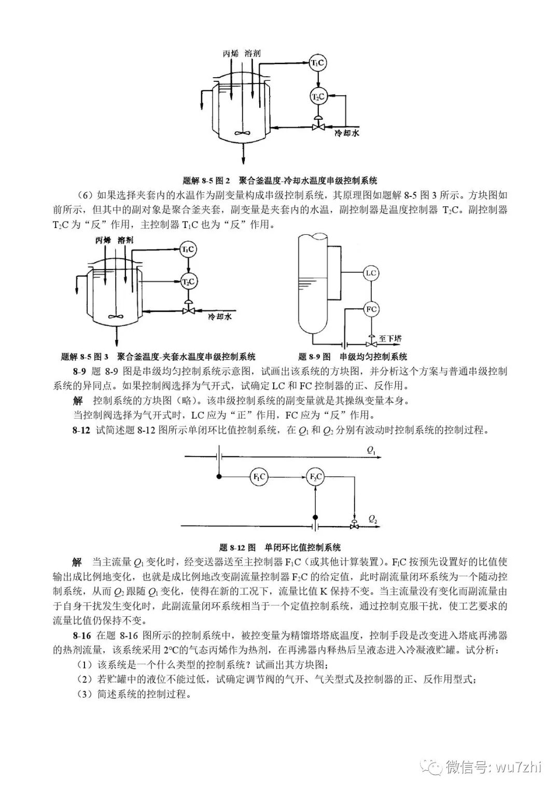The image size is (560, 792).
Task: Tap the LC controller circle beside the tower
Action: coord(370,273)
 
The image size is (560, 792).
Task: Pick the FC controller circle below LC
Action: coord(370,309)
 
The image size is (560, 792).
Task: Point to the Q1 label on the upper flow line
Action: coord(371,451)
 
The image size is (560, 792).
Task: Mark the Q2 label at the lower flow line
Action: coord(373,518)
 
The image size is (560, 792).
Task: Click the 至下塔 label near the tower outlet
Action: coord(390,338)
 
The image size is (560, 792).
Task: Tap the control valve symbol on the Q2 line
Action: coord(354,525)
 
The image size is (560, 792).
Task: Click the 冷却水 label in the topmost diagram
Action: coord(346,133)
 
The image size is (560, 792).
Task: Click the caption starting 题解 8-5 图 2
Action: coord(280,180)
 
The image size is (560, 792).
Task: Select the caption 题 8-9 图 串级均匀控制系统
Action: coord(353,357)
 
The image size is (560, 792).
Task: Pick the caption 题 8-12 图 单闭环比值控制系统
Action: coord(280,547)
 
